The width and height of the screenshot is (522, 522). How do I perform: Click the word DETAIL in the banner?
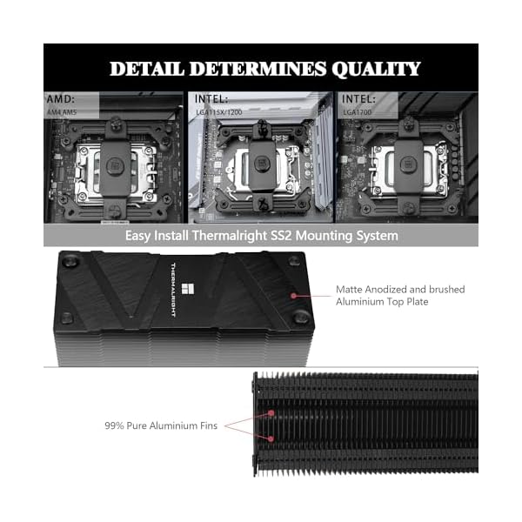point(150,69)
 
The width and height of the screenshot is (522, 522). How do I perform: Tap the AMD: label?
point(62,100)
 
